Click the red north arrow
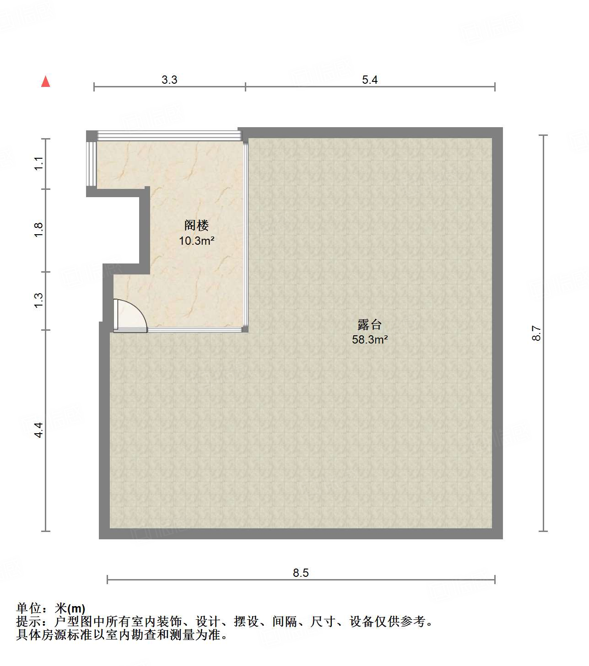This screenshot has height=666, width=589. (x=45, y=81)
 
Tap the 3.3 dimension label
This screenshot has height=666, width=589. (x=169, y=80)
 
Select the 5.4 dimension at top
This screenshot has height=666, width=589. (x=370, y=80)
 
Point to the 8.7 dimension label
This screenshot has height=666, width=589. (x=536, y=333)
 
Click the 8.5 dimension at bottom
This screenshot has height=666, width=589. (x=301, y=573)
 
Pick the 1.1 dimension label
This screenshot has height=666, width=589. (x=39, y=163)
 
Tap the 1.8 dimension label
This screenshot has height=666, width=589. (x=39, y=229)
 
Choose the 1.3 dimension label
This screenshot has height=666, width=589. (x=39, y=300)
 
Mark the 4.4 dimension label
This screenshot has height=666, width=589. (x=39, y=430)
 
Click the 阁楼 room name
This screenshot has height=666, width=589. (x=197, y=225)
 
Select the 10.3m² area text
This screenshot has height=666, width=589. (x=197, y=241)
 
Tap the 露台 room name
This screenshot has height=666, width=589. (x=370, y=325)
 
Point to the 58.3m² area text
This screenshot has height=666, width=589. (x=370, y=339)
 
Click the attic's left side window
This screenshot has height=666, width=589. (x=92, y=163)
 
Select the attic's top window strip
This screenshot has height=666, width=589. (x=169, y=135)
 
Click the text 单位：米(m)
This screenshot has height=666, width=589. (x=51, y=608)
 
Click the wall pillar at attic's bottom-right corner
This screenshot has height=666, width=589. (x=245, y=328)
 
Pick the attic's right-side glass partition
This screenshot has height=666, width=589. (x=246, y=233)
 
